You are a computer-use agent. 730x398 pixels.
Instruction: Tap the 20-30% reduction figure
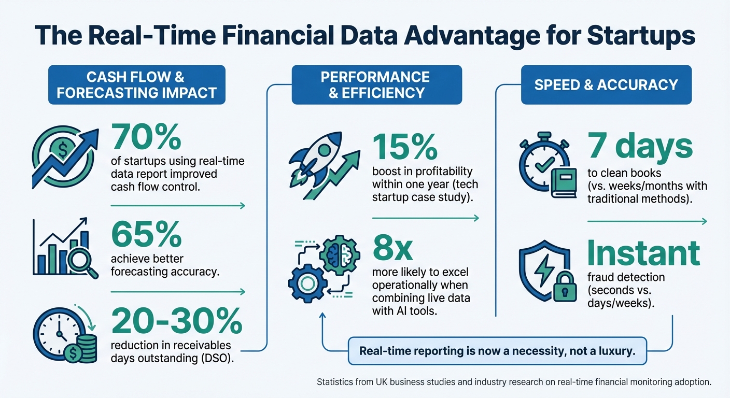pos(177,321)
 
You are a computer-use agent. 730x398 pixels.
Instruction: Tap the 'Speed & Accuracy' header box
pos(606,85)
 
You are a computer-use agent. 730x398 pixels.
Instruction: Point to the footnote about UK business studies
pos(514,382)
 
